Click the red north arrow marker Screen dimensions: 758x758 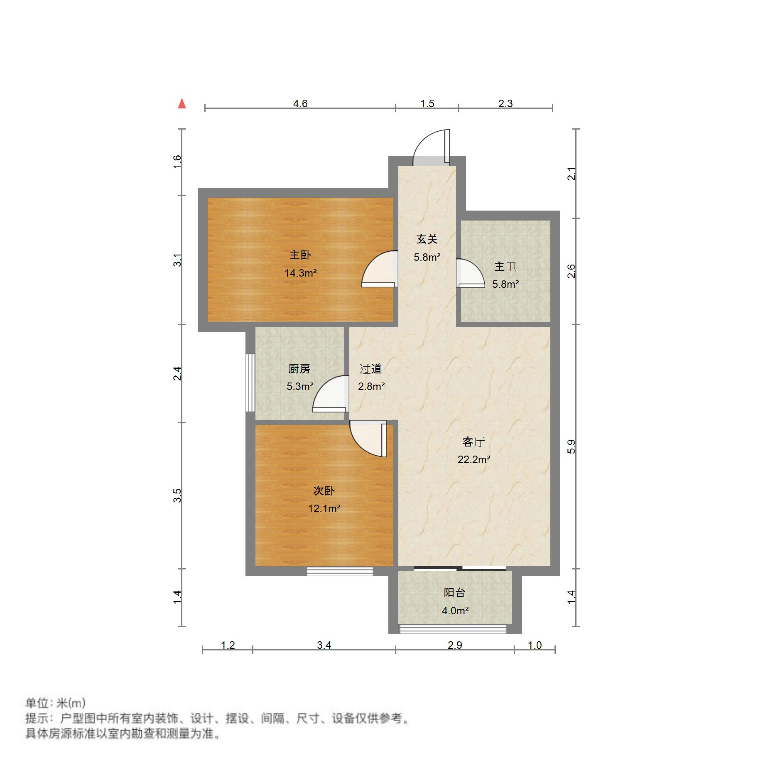point(182,103)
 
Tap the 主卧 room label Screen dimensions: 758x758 point(300,255)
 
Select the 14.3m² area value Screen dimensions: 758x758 point(300,273)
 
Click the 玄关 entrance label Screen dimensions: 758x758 point(427,239)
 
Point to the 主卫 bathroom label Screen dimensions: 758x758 point(505,266)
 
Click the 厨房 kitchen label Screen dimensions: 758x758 point(299,368)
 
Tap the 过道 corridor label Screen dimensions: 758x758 point(370,368)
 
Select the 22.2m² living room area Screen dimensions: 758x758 point(474,459)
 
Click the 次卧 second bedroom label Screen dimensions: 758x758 point(324,491)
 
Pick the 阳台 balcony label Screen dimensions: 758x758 point(454,592)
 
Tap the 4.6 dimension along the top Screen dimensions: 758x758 point(300,103)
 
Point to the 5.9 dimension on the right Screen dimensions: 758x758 point(572,446)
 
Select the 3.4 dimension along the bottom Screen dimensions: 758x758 point(324,645)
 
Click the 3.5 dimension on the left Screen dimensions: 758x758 point(177,495)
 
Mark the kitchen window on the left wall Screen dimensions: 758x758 point(250,382)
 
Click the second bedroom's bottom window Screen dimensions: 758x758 point(340,571)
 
